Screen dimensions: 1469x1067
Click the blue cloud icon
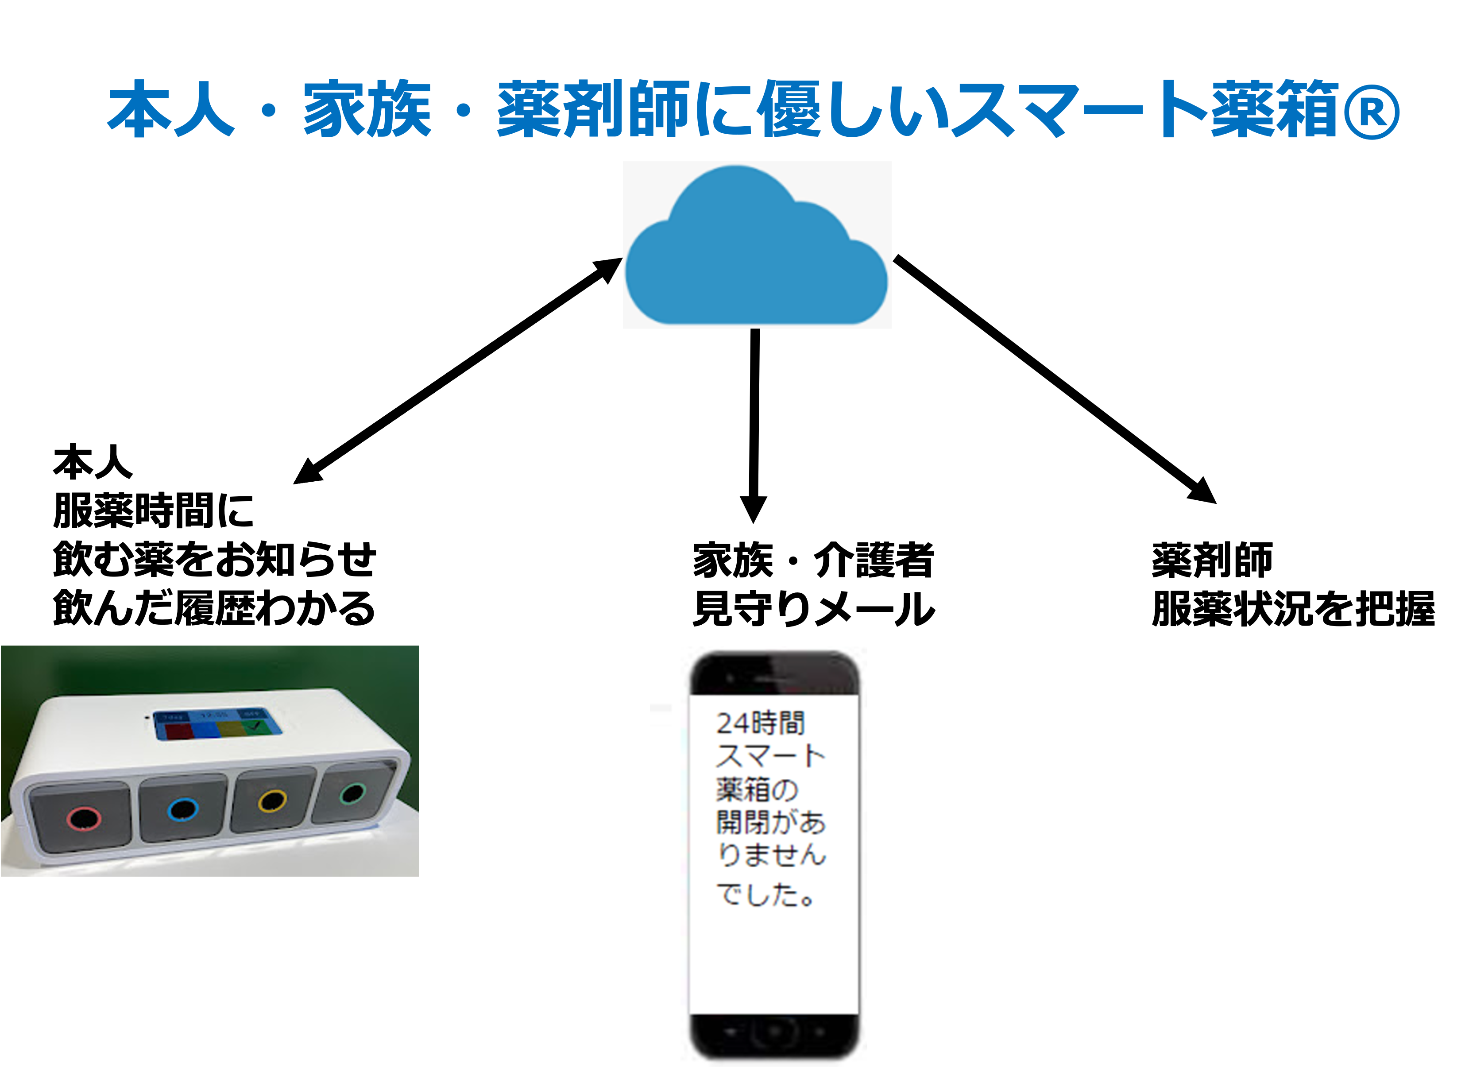click(x=756, y=249)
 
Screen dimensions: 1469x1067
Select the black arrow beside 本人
click(x=331, y=460)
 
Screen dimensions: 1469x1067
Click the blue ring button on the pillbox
click(x=183, y=810)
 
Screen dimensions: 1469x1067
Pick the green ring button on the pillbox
click(x=353, y=793)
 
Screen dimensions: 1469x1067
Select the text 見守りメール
click(x=813, y=609)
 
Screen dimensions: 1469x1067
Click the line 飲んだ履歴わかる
click(x=214, y=608)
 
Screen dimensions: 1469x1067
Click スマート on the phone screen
click(x=771, y=756)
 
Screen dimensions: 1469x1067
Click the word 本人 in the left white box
click(x=93, y=463)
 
